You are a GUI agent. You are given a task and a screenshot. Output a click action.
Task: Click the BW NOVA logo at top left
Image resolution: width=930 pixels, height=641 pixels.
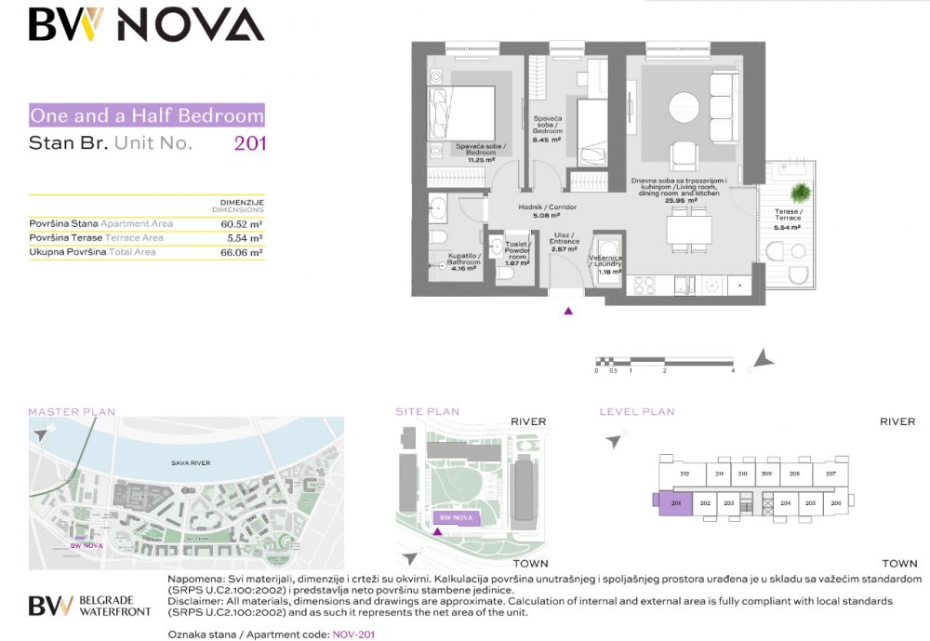click(x=146, y=25)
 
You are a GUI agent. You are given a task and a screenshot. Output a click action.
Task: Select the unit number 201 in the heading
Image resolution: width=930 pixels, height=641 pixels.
click(x=249, y=143)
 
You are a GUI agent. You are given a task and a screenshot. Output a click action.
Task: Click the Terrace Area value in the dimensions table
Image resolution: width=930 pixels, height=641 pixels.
click(x=245, y=238)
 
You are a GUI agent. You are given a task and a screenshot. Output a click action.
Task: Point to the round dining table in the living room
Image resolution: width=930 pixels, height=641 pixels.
click(x=685, y=105)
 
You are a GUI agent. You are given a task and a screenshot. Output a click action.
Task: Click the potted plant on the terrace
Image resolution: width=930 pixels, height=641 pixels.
click(x=799, y=192)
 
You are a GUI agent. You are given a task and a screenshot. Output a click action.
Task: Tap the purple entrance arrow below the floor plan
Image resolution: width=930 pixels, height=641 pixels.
click(x=568, y=311)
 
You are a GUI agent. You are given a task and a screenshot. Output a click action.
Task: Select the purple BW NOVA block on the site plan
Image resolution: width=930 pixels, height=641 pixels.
click(x=457, y=517)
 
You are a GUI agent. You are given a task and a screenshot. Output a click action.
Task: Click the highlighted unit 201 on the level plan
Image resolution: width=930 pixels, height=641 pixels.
click(x=675, y=503)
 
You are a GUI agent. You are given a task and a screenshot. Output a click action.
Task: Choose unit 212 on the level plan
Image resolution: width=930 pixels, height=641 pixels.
click(x=684, y=474)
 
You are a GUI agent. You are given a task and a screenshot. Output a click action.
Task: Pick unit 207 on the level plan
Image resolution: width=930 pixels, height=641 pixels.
click(x=830, y=474)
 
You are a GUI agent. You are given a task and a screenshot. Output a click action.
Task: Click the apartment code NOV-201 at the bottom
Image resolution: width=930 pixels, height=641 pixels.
click(x=353, y=634)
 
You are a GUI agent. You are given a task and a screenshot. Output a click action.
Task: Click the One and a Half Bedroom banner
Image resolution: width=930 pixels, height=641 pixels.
click(x=147, y=116)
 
